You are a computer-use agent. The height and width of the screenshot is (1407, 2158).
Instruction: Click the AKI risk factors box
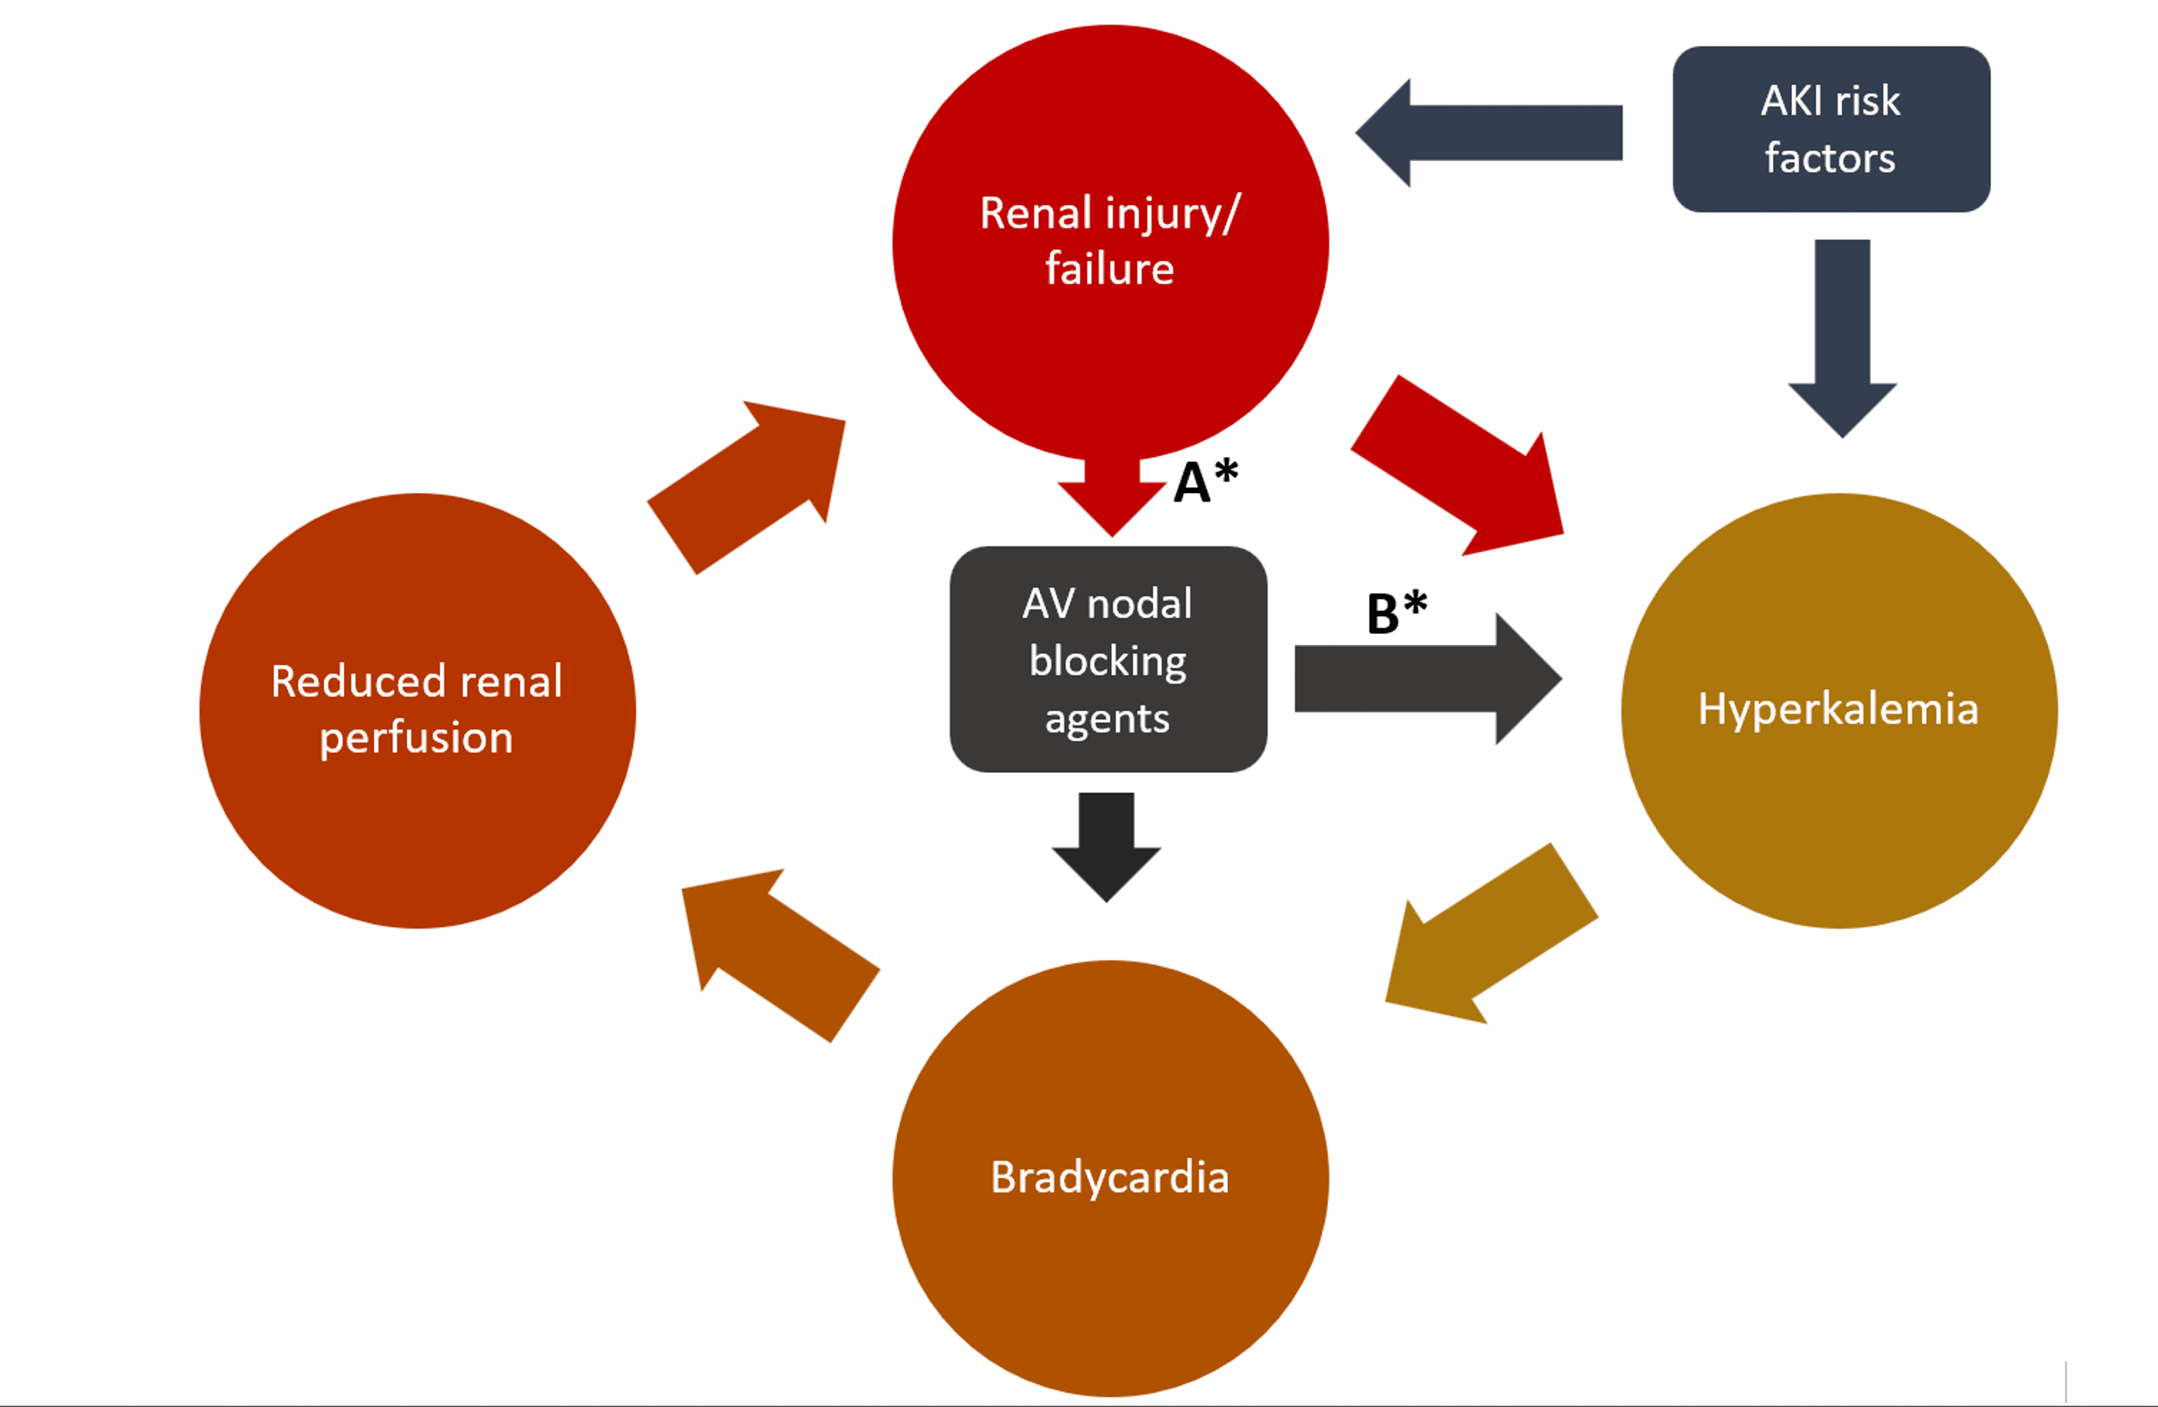click(1831, 130)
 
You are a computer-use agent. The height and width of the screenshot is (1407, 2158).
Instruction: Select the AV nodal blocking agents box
click(1107, 659)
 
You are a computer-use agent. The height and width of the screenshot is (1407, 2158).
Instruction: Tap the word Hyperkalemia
click(1838, 708)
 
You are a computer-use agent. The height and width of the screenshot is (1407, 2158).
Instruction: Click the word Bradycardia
click(1110, 1177)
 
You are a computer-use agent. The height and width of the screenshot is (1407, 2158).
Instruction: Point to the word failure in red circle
click(1109, 269)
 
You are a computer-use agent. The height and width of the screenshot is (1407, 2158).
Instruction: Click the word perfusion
click(416, 738)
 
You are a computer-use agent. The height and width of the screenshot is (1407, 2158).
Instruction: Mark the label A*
click(1205, 481)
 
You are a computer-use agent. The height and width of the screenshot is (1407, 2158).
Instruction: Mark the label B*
click(1396, 613)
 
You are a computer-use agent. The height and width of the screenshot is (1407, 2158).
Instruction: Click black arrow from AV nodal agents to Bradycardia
click(1106, 843)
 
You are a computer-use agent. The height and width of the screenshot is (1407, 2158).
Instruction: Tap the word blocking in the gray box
click(1107, 661)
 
